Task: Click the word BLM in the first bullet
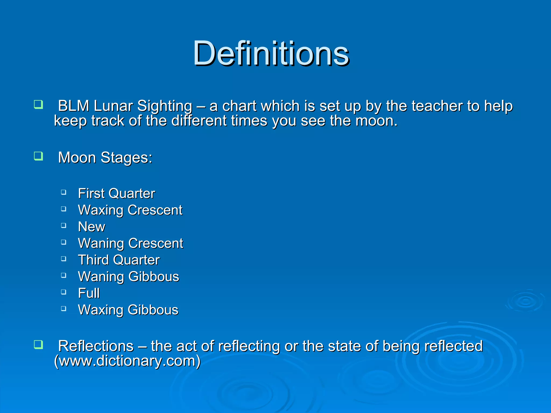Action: coord(73,106)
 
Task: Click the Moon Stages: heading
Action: coord(105,157)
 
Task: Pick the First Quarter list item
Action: coord(116,193)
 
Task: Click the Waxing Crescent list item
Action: coord(130,210)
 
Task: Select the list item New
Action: coord(91,227)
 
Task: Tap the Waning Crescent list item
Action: coord(130,243)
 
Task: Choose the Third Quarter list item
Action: coord(119,260)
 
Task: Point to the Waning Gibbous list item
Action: coord(128,277)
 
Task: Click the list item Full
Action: coord(89,293)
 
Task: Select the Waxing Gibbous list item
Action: coord(128,310)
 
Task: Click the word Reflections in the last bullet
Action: coord(96,346)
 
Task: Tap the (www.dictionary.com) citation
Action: coord(127,361)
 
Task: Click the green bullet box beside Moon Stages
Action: coord(38,156)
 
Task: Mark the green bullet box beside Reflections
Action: coord(38,344)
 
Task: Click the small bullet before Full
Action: coord(63,292)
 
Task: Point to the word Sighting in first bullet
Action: coord(165,106)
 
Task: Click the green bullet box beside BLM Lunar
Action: coord(38,104)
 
